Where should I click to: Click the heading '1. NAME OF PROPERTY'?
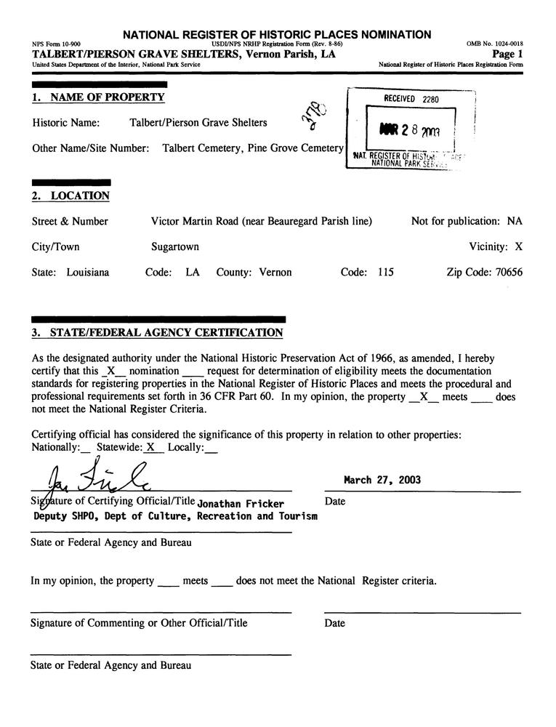[x=98, y=97]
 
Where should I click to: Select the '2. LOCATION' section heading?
[x=70, y=196]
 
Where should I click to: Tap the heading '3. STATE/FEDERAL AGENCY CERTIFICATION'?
[x=157, y=333]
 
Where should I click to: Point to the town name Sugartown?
[x=174, y=247]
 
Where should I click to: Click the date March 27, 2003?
[x=382, y=481]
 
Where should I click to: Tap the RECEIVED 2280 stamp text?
[x=411, y=99]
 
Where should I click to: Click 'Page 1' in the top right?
[x=507, y=55]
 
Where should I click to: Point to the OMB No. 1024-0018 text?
[x=494, y=44]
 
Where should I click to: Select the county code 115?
[x=385, y=273]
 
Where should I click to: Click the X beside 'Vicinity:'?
[x=519, y=247]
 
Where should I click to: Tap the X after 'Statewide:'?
[x=151, y=447]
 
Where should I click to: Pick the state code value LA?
[x=193, y=273]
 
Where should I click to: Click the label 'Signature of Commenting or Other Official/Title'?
[x=139, y=623]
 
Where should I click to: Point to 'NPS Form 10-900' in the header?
[x=57, y=44]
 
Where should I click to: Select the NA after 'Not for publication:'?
[x=515, y=222]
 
